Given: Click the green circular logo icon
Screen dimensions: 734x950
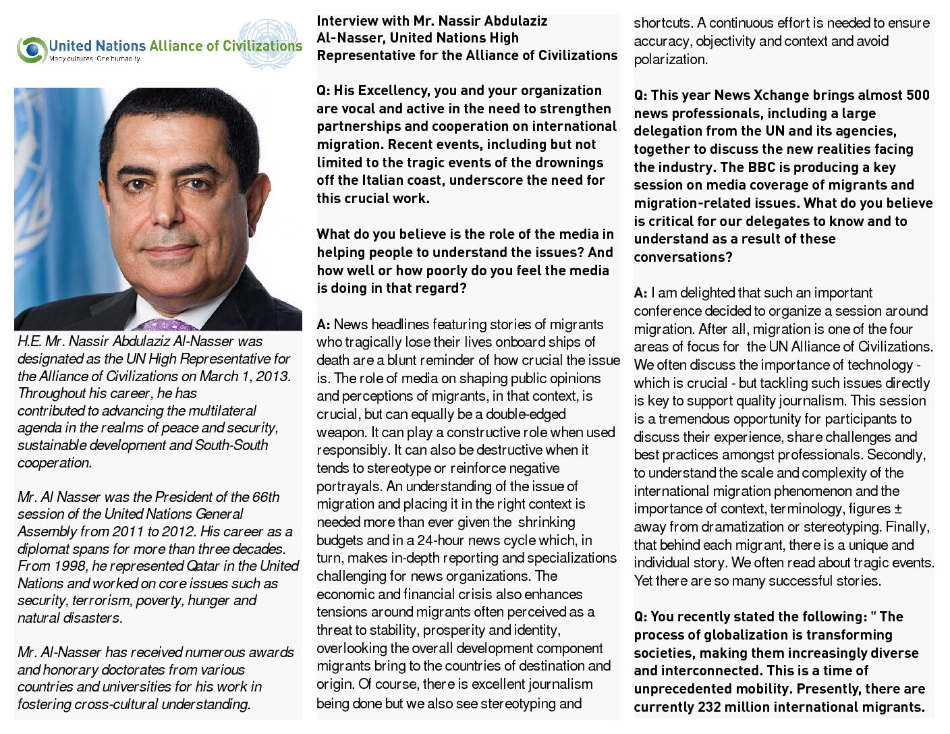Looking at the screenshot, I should [x=32, y=49].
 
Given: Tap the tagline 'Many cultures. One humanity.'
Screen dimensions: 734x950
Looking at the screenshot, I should [x=95, y=59].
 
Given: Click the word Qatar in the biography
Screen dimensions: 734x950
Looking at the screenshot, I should [x=202, y=566].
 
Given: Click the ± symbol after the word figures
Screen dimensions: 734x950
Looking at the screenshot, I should [x=898, y=509].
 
